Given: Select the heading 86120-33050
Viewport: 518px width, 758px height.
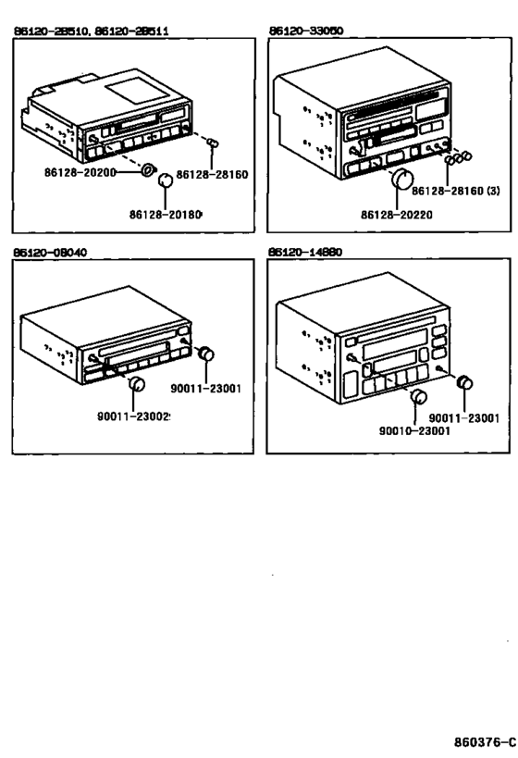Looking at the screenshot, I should coord(305,31).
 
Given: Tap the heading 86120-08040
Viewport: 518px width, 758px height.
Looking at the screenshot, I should coord(50,252).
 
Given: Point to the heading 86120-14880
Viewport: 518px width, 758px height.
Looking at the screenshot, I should coord(305,252).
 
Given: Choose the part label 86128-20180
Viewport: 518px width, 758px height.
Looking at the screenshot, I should coord(166,215).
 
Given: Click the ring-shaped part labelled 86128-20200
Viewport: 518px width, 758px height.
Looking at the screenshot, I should coord(146,171).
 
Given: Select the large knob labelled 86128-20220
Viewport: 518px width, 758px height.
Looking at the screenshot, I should coord(402,180).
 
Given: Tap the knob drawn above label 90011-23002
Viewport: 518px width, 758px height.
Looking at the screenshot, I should coord(137,384).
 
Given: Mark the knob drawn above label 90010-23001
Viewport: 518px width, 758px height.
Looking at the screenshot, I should coord(418,398).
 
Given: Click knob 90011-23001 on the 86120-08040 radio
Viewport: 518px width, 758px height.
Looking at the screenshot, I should coord(206,354).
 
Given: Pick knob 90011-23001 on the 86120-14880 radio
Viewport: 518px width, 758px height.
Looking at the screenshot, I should coord(465,381).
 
